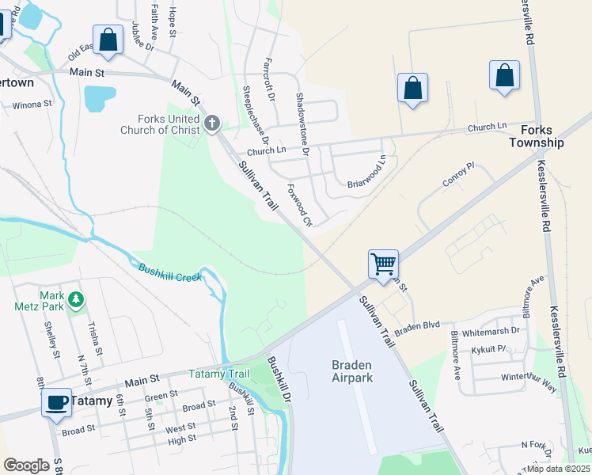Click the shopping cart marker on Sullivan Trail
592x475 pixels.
(383, 264)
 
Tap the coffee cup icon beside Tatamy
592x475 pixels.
(56, 402)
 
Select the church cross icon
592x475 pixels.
(211, 123)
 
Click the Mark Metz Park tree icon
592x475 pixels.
(75, 299)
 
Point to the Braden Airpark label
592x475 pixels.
(351, 371)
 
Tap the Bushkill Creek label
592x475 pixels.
(170, 272)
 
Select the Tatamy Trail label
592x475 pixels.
(218, 374)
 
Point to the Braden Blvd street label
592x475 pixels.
(417, 325)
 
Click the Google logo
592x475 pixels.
(26, 465)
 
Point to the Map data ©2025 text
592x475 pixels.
(557, 469)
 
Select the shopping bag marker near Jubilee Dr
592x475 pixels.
(108, 39)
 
